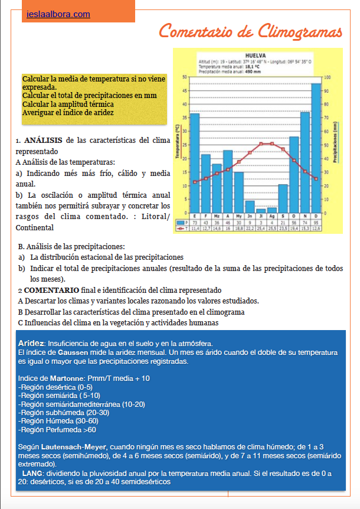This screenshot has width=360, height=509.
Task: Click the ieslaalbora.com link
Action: [58, 14]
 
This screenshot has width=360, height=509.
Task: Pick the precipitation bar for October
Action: [293, 174]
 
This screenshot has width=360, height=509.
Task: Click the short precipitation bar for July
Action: [260, 210]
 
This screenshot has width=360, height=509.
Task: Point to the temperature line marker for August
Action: [271, 143]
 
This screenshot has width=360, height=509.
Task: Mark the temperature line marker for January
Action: [194, 182]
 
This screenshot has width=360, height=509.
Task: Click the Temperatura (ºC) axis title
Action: [177, 144]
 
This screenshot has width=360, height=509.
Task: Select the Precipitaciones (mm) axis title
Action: [336, 143]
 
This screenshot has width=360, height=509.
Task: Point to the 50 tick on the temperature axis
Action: [185, 77]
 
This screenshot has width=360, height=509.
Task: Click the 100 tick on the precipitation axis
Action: [328, 77]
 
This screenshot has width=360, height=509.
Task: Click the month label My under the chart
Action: [238, 216]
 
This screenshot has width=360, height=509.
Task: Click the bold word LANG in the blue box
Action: [32, 474]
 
